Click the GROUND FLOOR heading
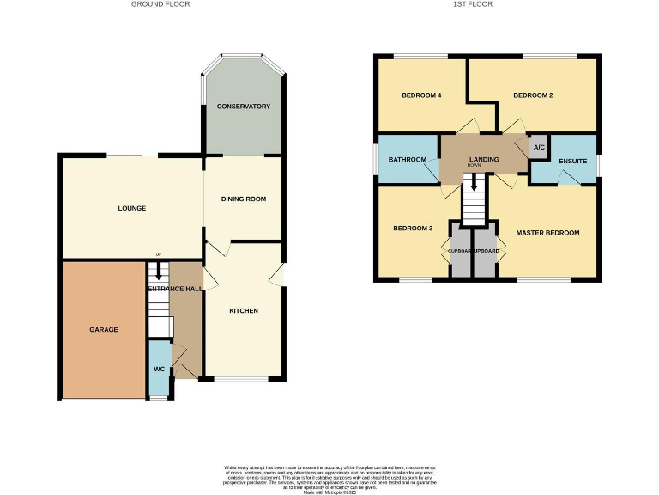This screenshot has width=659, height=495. (x=160, y=4)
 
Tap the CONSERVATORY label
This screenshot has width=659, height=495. (x=244, y=107)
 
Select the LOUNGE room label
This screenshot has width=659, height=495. (x=132, y=209)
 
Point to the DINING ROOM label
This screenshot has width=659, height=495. (x=244, y=199)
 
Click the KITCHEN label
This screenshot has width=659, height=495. (x=244, y=311)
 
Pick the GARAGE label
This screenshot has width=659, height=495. (x=104, y=330)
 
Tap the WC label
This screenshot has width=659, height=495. (x=159, y=370)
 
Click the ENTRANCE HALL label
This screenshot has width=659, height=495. (x=176, y=289)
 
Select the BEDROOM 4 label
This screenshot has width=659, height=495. (x=421, y=95)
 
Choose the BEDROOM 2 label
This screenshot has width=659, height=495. (x=533, y=95)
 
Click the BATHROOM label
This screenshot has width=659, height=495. (x=408, y=160)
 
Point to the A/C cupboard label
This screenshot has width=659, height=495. (x=539, y=148)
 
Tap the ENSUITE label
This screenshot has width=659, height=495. (x=572, y=161)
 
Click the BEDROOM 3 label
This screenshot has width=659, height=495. (x=413, y=229)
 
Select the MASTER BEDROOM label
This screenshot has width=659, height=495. (x=547, y=233)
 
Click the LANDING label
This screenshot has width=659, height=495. (x=485, y=160)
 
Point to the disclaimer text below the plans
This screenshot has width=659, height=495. (x=329, y=477)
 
